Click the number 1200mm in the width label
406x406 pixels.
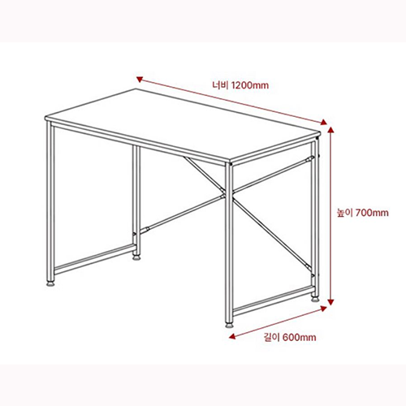coord(249,85)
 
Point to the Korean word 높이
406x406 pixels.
coord(345,214)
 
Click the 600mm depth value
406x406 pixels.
coord(299,337)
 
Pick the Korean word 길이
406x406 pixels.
coord(270,337)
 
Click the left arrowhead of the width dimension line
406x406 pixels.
coord(140,79)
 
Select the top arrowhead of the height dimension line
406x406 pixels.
coord(331,130)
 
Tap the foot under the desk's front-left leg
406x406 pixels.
coord(53,284)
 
